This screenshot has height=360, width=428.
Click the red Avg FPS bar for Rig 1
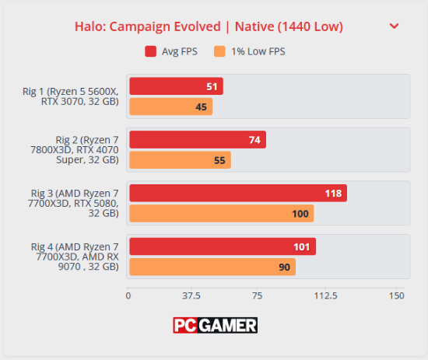pos(177,86)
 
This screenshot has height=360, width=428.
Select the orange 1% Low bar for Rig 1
pos(171,107)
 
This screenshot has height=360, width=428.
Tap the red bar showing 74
pos(198,140)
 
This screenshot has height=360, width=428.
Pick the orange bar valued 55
pos(181,160)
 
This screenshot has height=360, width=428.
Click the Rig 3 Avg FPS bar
pos(238,193)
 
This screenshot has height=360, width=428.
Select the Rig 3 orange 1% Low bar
pos(222,214)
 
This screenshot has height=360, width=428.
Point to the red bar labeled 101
pos(223,246)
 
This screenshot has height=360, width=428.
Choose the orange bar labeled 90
pos(212,267)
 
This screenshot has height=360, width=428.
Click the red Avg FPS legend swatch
pos(150,51)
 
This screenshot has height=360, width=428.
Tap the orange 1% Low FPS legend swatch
pos(219,51)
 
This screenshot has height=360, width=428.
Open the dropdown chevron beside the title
pos(394,26)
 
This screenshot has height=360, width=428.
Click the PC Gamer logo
pos(215,325)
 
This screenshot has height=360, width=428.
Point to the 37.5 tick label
pos(191,295)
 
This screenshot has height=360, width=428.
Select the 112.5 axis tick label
pos(325,295)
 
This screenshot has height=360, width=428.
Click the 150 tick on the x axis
pos(396,295)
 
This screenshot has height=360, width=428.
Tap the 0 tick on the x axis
pos(128,295)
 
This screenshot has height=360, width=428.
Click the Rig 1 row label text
pos(71,96)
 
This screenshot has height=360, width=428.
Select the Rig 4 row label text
pos(75,257)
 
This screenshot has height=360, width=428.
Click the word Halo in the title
pos(90,26)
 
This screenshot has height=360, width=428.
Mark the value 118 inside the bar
pos(333,194)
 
